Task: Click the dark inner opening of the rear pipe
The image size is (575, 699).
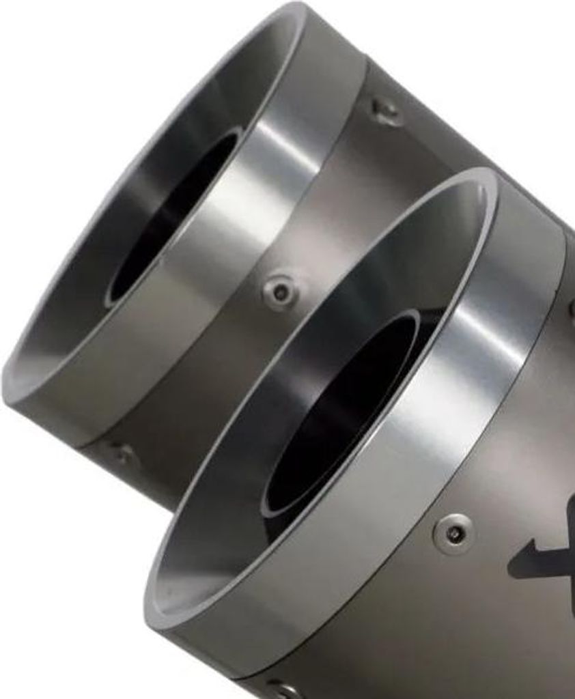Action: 171,218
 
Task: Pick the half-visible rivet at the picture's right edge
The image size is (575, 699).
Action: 571,307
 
